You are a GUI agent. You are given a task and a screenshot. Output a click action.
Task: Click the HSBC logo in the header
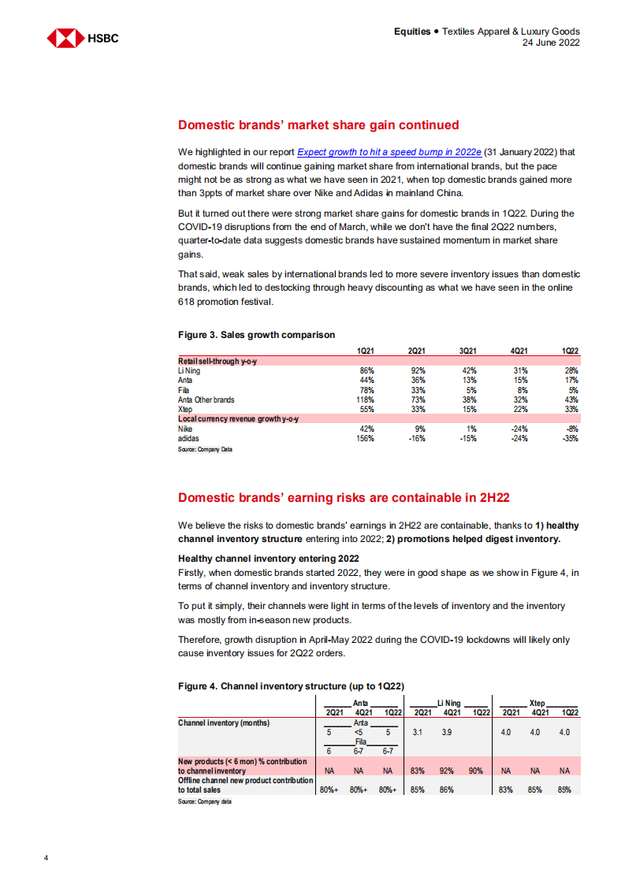pyautogui.click(x=83, y=38)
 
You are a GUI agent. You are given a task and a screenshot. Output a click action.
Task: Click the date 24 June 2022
pyautogui.click(x=551, y=43)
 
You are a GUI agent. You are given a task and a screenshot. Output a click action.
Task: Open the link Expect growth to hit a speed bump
pyautogui.click(x=389, y=151)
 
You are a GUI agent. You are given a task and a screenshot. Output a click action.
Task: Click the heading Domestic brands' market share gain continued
pyautogui.click(x=318, y=124)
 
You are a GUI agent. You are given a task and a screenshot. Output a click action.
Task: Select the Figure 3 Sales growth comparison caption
pyautogui.click(x=256, y=335)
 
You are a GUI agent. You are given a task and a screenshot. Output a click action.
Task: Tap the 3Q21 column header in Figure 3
pyautogui.click(x=467, y=350)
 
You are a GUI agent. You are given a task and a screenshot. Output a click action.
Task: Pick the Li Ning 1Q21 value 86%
pyautogui.click(x=366, y=370)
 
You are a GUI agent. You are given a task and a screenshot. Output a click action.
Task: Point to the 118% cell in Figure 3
pyautogui.click(x=365, y=399)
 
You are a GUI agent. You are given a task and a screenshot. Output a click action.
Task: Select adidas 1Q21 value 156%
pyautogui.click(x=365, y=438)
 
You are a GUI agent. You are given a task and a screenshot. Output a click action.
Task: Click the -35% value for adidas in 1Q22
pyautogui.click(x=570, y=438)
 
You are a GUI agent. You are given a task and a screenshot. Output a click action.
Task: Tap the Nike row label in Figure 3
pyautogui.click(x=186, y=429)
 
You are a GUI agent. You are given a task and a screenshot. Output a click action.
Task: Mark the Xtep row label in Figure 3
pyautogui.click(x=186, y=409)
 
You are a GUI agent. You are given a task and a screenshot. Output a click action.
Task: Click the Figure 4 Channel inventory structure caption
pyautogui.click(x=291, y=686)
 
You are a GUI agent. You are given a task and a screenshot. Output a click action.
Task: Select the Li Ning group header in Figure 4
pyautogui.click(x=448, y=702)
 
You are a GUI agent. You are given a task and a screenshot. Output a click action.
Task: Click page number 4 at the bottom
pyautogui.click(x=47, y=857)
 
